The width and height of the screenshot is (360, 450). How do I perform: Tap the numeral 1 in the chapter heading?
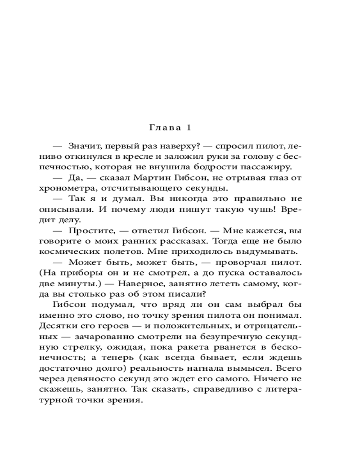(189, 128)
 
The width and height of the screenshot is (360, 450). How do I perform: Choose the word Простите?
(89, 230)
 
